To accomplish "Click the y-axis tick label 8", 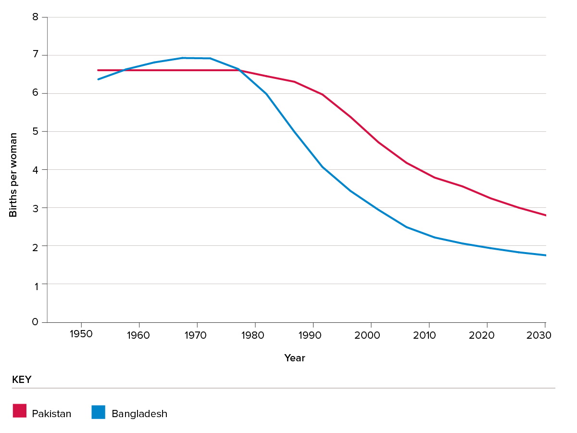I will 35,17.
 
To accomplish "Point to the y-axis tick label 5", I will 35,131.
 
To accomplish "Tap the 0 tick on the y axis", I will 35,322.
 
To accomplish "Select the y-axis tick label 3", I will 35,208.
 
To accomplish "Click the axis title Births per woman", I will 13,175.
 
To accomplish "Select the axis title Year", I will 294,358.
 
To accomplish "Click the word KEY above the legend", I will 22,380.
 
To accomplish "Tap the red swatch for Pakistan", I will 20,411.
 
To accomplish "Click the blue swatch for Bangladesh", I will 99,412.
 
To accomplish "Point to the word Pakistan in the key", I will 51,414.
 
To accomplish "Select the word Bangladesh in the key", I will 139,414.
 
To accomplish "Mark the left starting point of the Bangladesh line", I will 98,79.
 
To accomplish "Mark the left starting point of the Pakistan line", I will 98,70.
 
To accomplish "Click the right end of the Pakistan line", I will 546,216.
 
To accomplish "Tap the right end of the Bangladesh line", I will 546,255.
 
